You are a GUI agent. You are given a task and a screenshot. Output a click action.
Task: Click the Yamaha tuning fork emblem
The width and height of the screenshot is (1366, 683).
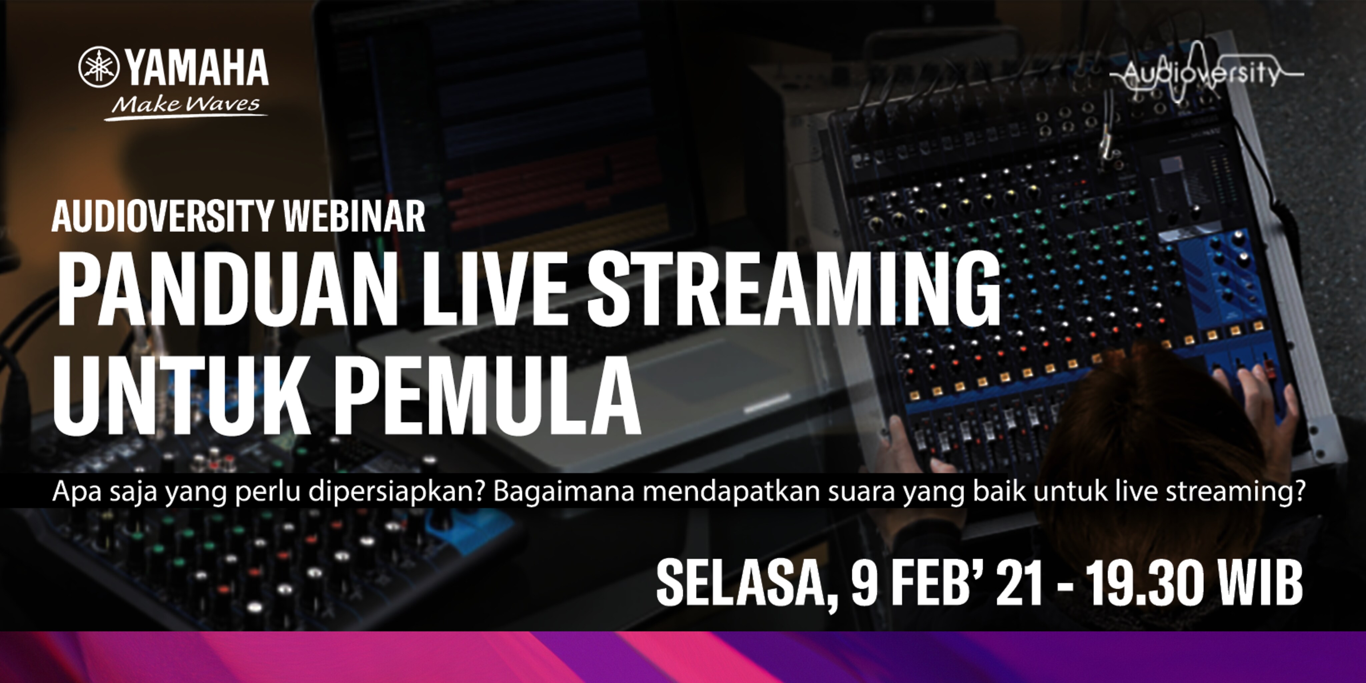pos(99,67)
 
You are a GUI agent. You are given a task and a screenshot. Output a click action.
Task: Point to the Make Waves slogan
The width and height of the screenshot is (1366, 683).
pos(186,105)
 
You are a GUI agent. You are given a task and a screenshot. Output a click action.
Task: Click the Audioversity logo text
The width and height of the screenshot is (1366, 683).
pos(1201,74)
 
